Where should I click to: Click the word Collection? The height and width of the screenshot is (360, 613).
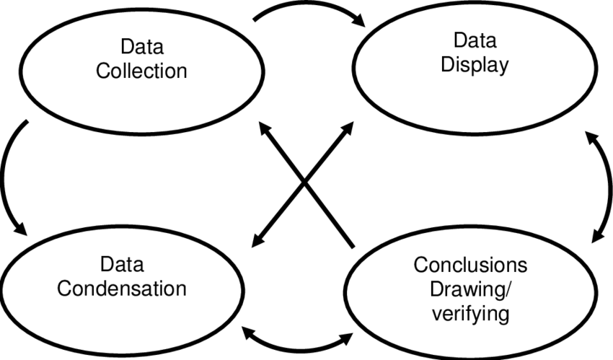142,71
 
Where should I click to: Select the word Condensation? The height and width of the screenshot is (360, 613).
122,288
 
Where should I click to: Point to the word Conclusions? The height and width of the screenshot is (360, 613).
470,265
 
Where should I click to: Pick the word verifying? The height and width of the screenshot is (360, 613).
470,315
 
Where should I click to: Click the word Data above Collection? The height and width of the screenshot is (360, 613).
142,48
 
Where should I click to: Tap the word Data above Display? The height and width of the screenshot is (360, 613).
475,40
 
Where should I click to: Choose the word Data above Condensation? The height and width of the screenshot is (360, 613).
122,264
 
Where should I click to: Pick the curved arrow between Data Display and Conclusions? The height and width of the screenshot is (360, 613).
603,188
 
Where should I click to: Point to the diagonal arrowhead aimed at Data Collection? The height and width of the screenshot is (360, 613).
265,132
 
